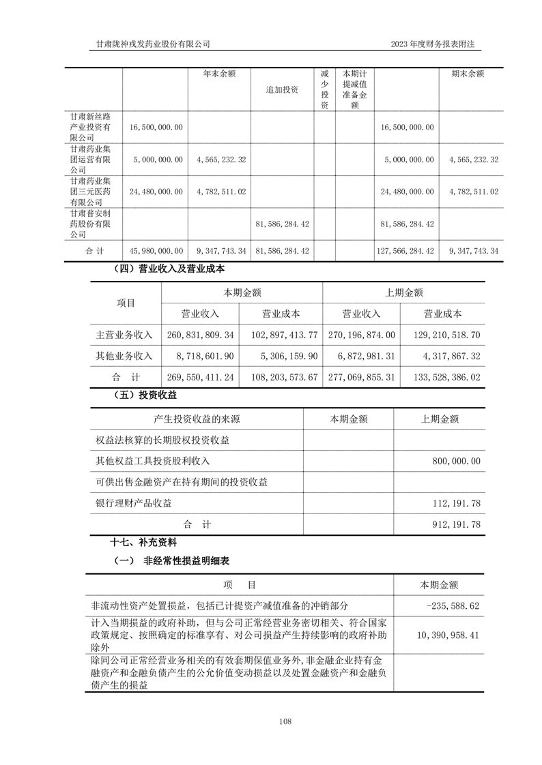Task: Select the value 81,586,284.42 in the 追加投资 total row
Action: click(x=282, y=251)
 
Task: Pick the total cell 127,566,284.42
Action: click(x=405, y=251)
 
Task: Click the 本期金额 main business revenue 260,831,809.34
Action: click(x=200, y=335)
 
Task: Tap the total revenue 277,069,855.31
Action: click(x=361, y=376)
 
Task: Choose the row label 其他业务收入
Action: click(x=124, y=356)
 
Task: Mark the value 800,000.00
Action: click(x=456, y=462)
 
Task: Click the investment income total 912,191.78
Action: click(x=456, y=524)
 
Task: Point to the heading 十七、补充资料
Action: click(x=143, y=543)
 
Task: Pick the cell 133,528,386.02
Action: click(x=442, y=376)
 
